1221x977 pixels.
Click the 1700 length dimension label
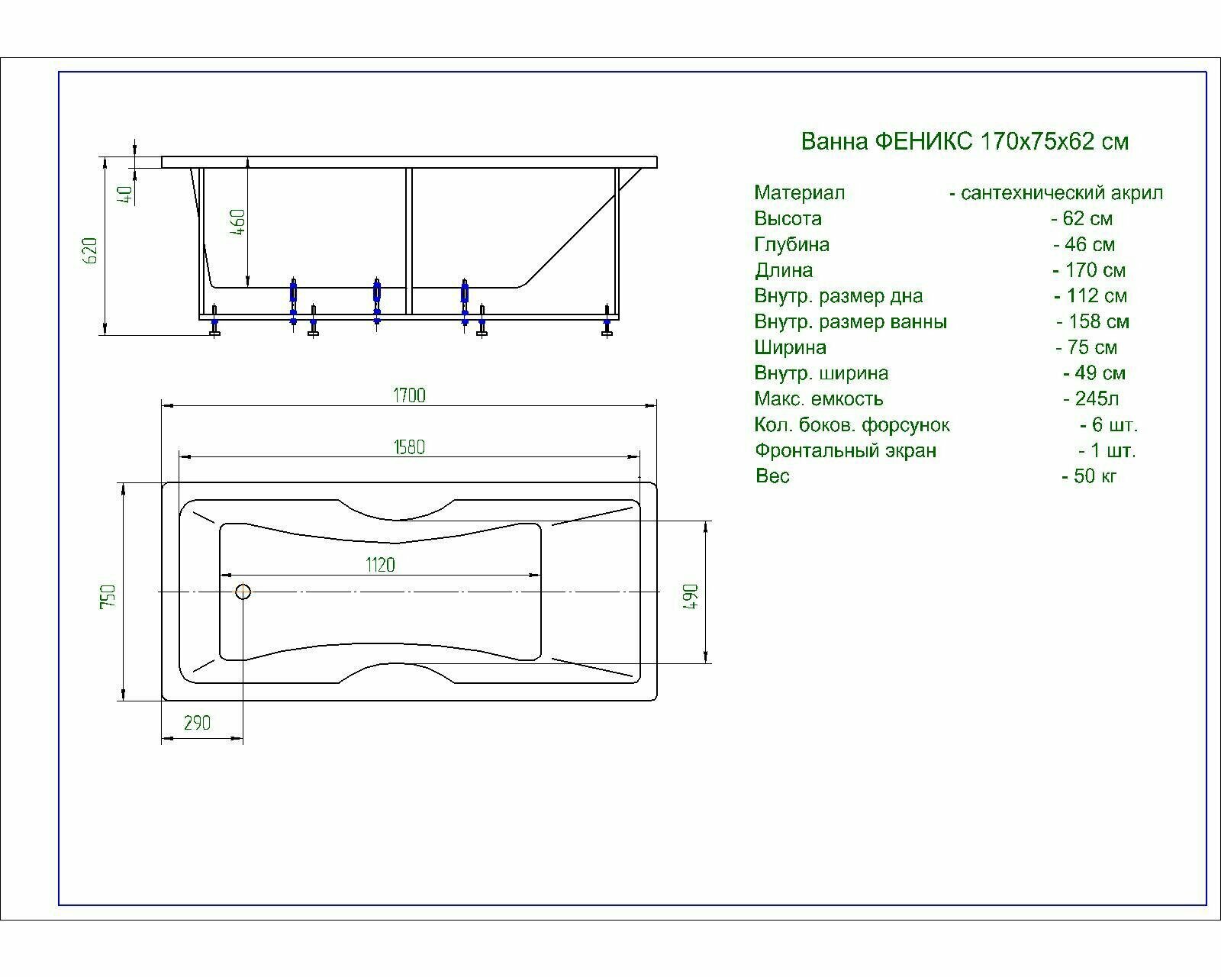point(409,395)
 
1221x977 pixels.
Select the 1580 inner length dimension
point(409,447)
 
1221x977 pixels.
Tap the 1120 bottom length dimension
point(380,565)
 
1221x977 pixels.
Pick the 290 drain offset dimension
point(197,723)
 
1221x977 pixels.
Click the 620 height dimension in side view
point(90,250)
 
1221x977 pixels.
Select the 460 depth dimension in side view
point(238,222)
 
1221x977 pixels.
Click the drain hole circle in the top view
point(243,592)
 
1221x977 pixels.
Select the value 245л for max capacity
point(1097,398)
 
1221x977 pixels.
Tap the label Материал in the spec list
point(799,193)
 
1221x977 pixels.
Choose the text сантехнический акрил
point(1062,193)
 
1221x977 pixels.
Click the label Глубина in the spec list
point(791,245)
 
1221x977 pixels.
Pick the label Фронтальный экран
point(845,450)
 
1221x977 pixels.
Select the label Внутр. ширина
point(821,373)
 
